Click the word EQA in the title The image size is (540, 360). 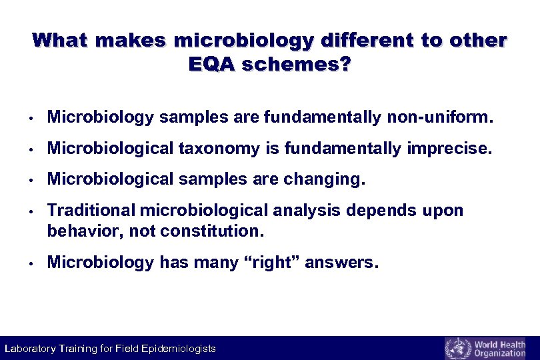tap(213, 65)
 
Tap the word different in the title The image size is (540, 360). tap(365, 40)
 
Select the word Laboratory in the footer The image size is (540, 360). tap(28, 349)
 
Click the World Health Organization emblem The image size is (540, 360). tap(457, 348)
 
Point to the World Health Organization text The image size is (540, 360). tap(499, 349)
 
